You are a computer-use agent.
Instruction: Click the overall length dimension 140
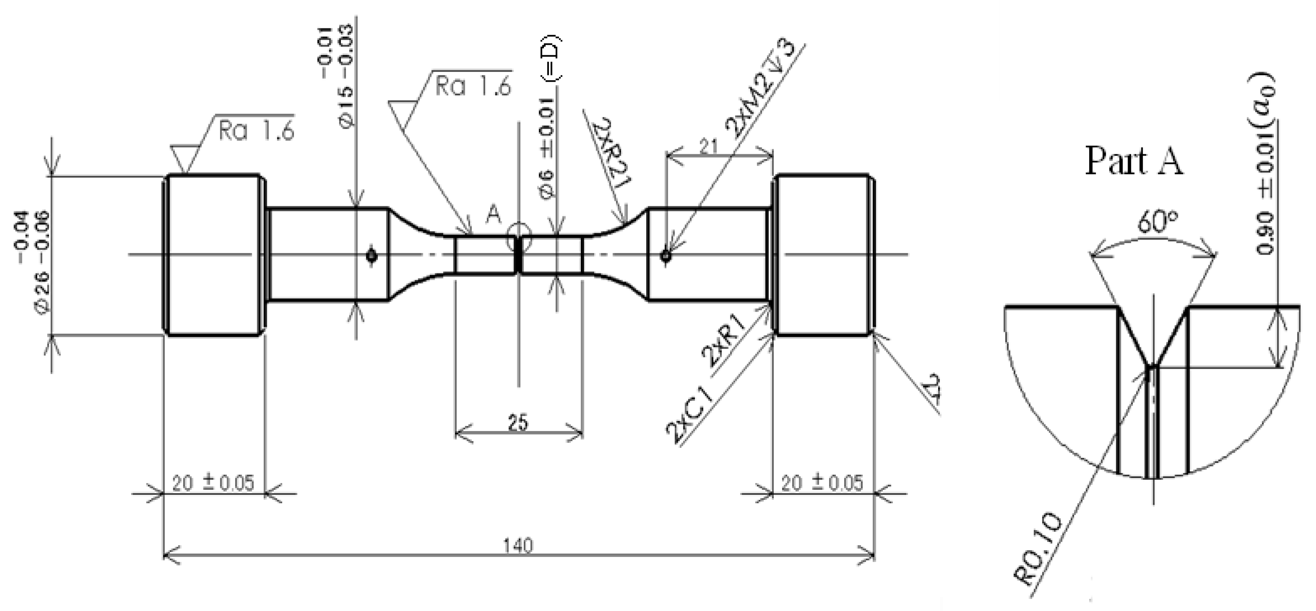(x=518, y=546)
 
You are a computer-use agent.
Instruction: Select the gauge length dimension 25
(x=518, y=422)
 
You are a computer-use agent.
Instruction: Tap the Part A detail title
(x=1134, y=161)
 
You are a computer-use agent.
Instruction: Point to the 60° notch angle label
(x=1157, y=222)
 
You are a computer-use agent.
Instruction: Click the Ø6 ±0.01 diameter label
(x=548, y=148)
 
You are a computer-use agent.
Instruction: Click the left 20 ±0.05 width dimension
(x=213, y=483)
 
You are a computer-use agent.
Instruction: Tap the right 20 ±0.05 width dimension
(x=822, y=483)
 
